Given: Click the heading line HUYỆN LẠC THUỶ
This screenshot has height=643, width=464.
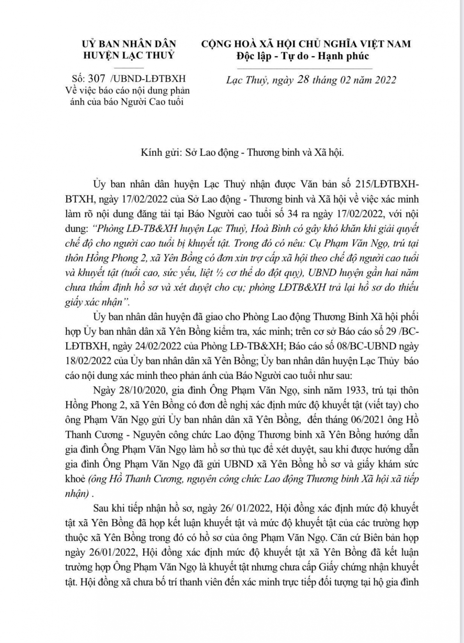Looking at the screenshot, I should point(129,55).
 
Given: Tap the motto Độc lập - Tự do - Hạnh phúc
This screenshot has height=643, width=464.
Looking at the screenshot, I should point(303,55).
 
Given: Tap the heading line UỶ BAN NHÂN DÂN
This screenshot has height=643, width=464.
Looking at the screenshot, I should point(129,44).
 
